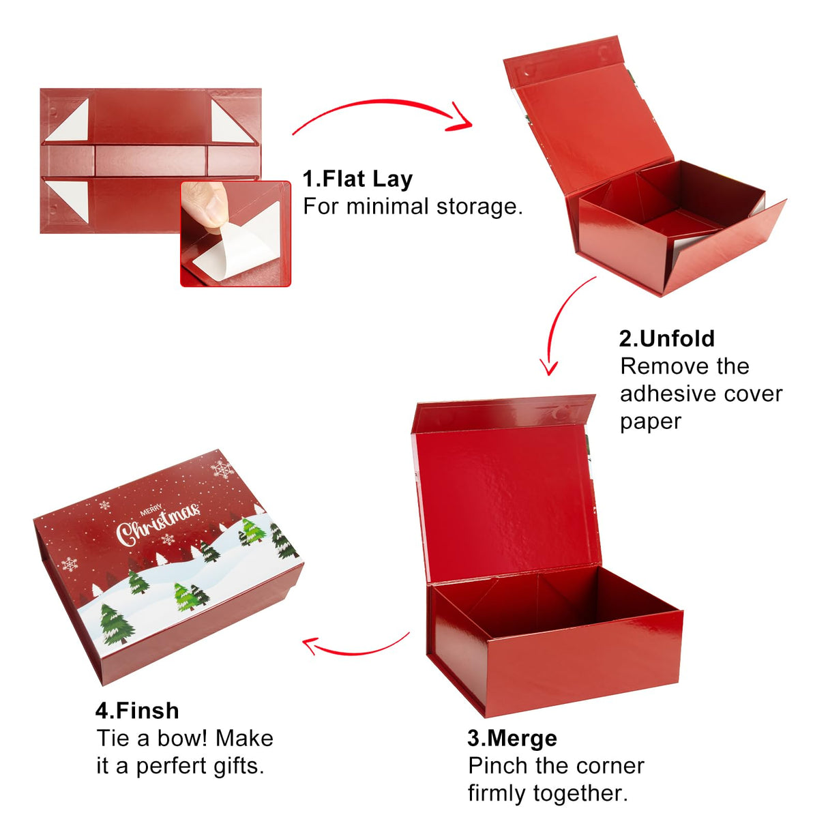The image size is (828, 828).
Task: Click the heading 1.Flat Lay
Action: point(357,179)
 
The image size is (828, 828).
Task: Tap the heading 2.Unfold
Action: point(667,339)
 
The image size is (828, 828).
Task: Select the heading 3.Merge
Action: point(512,738)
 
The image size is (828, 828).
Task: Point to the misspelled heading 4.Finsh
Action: point(137,711)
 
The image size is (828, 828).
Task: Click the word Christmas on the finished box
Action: point(158,523)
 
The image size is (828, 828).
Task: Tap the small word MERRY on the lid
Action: point(151,509)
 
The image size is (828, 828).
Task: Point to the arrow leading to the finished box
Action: point(355,645)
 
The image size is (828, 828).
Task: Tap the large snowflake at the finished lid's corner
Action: point(222,469)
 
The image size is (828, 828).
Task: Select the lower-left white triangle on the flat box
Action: point(69,200)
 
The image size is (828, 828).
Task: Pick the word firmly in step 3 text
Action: point(497,794)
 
